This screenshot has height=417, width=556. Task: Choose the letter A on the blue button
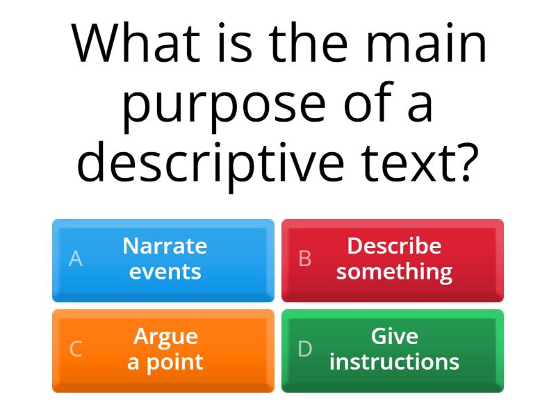tap(76, 259)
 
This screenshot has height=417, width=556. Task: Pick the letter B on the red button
tap(304, 259)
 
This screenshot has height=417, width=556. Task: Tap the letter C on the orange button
tap(76, 349)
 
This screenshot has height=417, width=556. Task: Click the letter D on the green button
tap(304, 349)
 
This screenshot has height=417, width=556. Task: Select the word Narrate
tap(165, 245)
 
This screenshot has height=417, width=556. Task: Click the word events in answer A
tap(165, 271)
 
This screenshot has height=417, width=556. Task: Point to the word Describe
tap(394, 245)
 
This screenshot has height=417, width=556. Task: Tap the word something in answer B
tap(394, 271)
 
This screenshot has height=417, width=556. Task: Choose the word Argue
tap(165, 336)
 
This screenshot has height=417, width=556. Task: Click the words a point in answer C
tap(165, 362)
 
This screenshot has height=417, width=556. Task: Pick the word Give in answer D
tap(394, 336)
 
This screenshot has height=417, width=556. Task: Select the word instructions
tap(394, 362)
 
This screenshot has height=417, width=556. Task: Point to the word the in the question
tap(312, 43)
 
